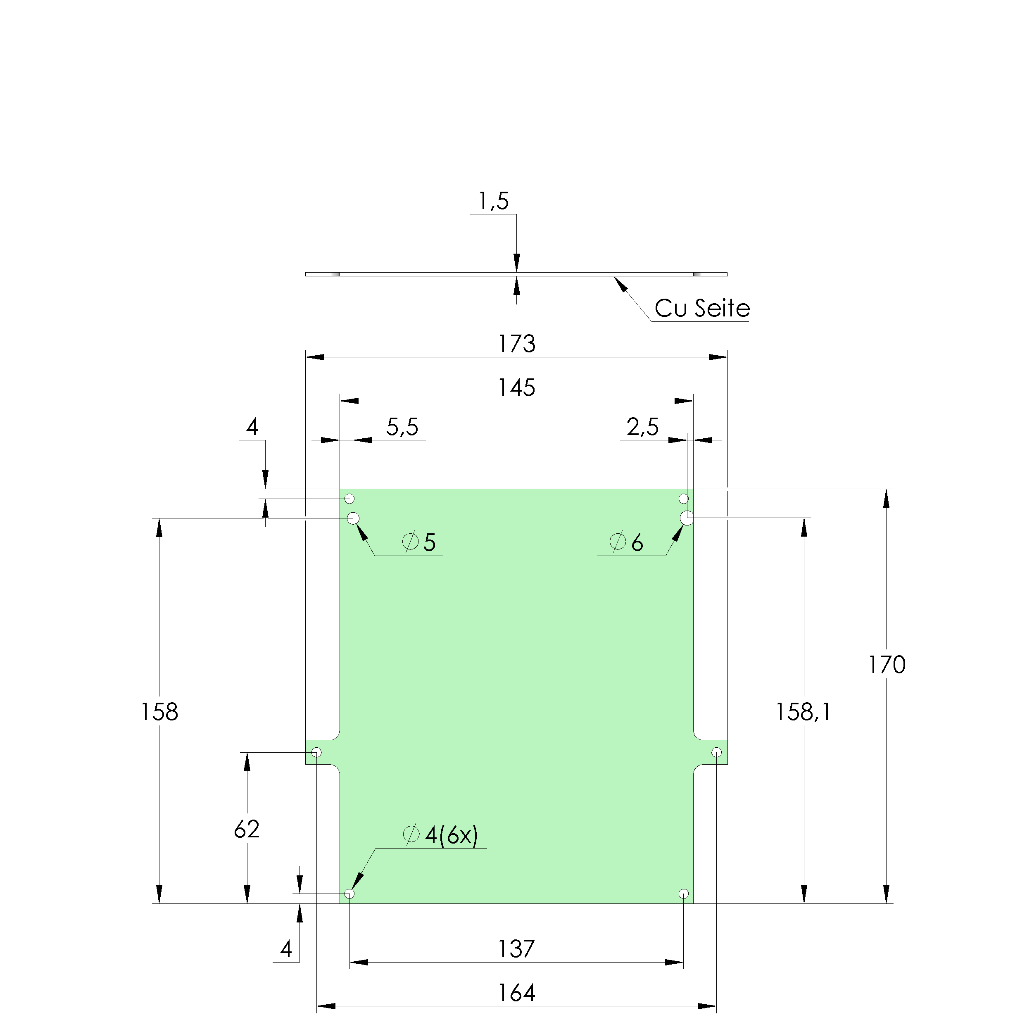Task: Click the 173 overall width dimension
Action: pos(516,344)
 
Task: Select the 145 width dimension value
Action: pos(516,387)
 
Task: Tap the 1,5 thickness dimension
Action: pos(493,201)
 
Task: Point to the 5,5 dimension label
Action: pos(402,427)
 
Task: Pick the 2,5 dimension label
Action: pos(642,427)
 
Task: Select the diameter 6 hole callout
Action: pos(626,542)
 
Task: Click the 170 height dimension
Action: pos(886,665)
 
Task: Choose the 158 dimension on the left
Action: pos(159,712)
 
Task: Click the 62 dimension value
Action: pos(247,829)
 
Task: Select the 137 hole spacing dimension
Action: pos(516,949)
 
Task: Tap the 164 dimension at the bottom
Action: pos(516,993)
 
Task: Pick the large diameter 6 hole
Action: pos(687,518)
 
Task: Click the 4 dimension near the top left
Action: pos(252,427)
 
